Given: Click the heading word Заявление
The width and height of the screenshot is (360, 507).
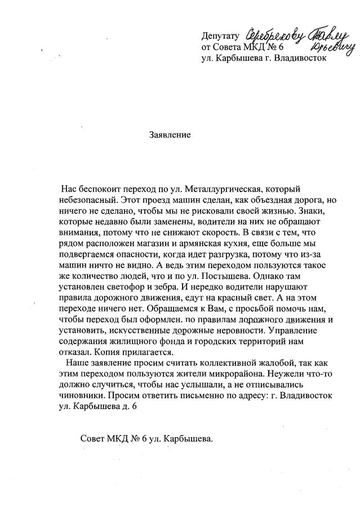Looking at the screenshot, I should (170, 135).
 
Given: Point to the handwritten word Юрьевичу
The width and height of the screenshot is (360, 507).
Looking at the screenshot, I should (335, 47).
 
